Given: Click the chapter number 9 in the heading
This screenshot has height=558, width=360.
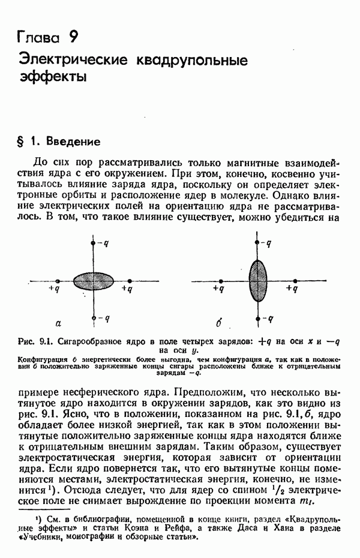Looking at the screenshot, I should [x=72, y=37].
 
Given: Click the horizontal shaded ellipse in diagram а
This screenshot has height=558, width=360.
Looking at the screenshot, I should [x=93, y=280].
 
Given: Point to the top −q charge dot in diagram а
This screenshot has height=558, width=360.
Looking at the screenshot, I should [x=93, y=243].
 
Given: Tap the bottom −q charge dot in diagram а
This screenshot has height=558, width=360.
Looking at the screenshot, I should [x=93, y=317].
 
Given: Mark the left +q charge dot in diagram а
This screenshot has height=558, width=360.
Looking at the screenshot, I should [x=56, y=280].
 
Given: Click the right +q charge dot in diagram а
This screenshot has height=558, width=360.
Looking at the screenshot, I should [x=130, y=280].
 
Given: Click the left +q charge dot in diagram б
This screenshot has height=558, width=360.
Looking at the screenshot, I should [x=221, y=280].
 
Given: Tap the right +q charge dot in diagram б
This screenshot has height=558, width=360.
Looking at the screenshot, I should [x=295, y=280].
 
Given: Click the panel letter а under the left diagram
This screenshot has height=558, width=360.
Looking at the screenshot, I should [x=58, y=323].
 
